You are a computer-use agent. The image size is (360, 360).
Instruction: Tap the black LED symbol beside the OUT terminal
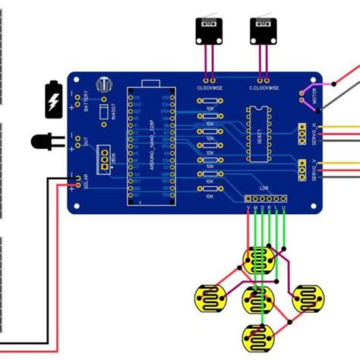pos(43,142)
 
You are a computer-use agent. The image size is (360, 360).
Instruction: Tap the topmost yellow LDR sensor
pos(259,262)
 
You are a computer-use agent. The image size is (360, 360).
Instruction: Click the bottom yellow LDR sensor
pos(259,335)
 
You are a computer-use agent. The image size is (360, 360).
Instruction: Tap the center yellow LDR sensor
pos(259,298)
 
